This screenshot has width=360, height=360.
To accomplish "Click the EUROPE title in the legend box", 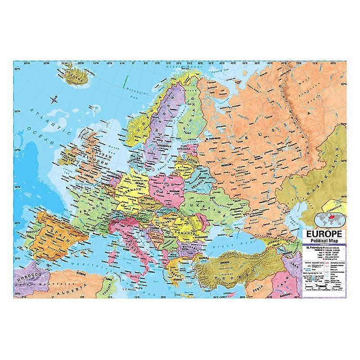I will coord(324,234).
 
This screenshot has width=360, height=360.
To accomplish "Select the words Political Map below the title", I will coord(324,241).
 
